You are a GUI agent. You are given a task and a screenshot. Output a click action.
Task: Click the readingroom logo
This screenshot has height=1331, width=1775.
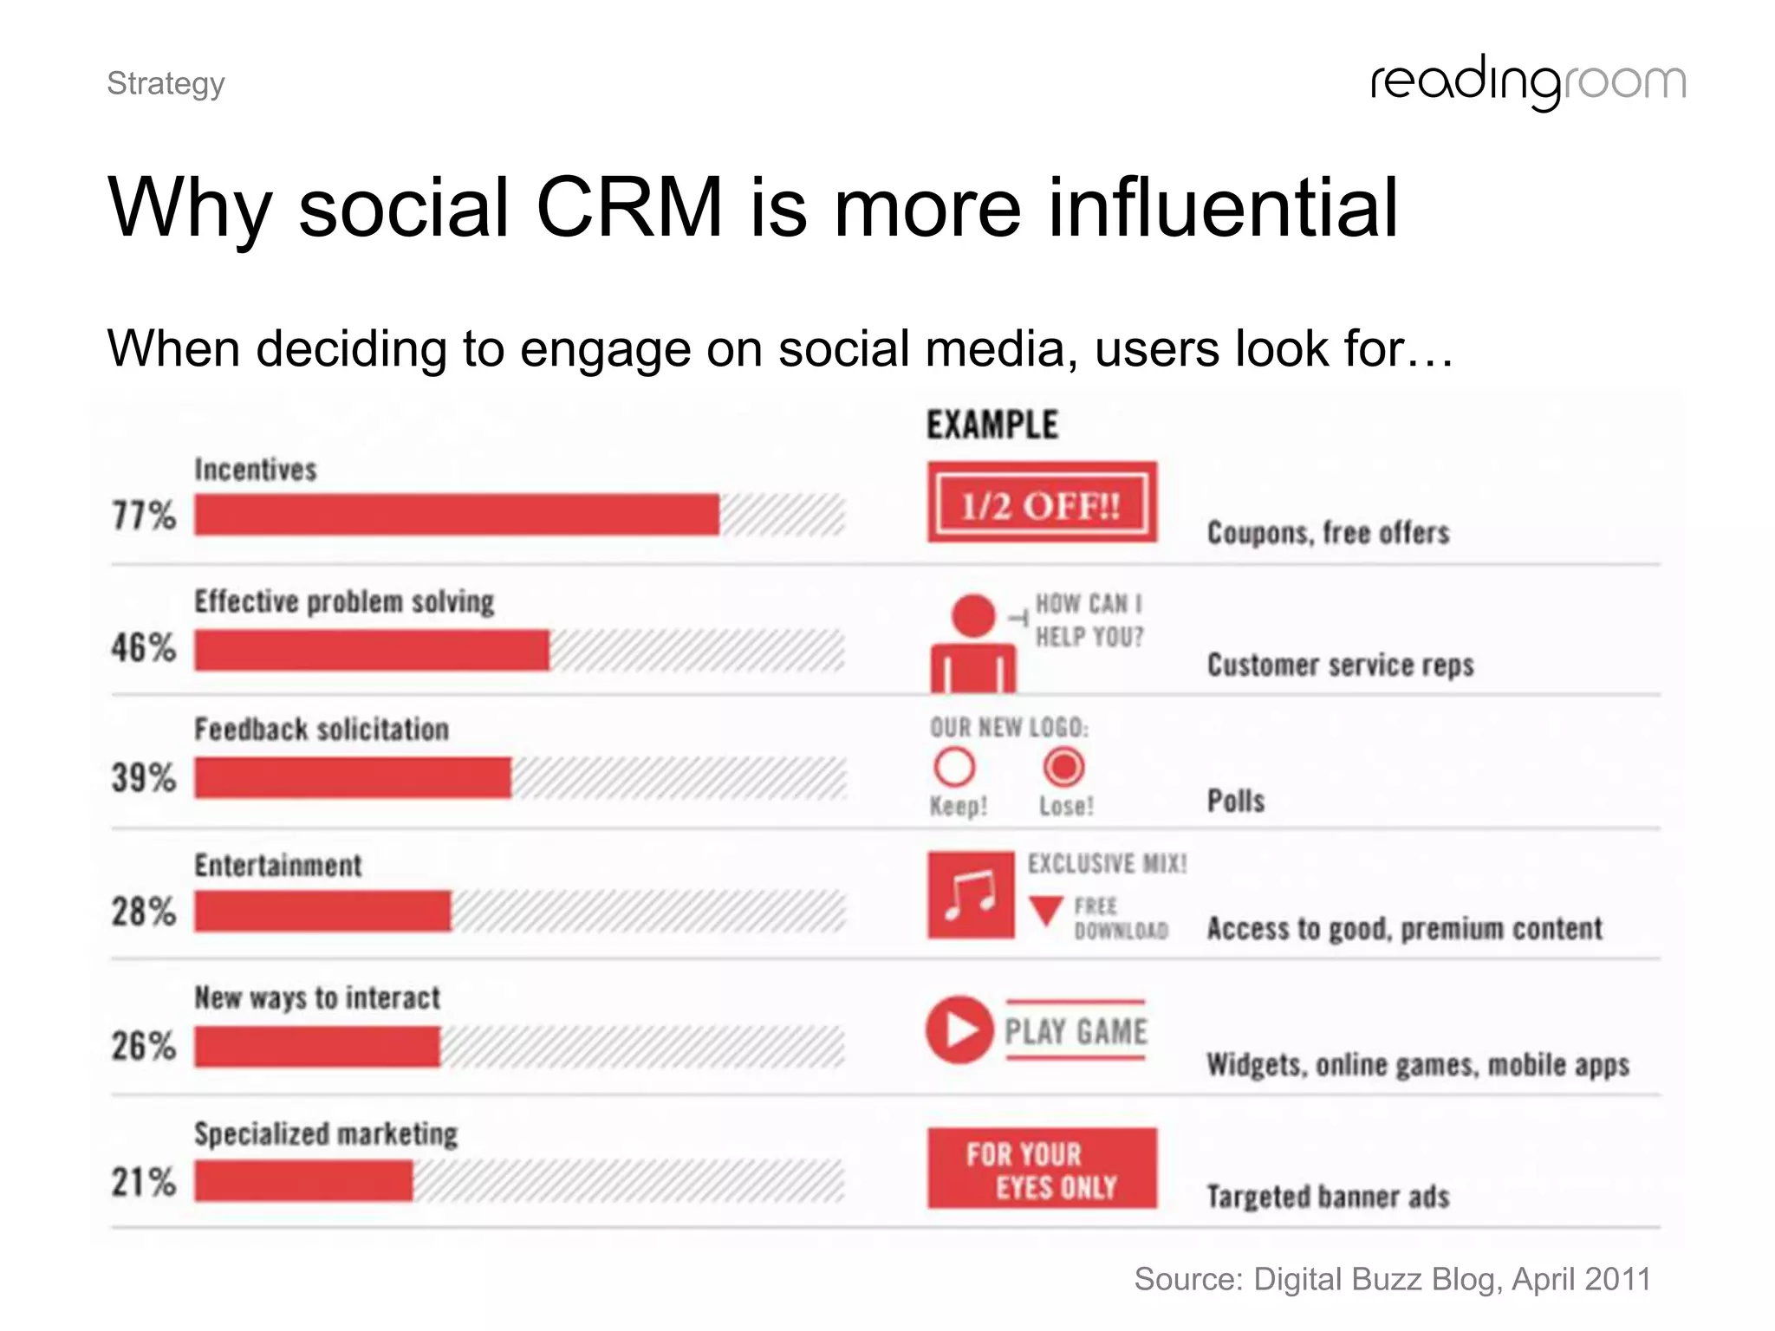(x=1528, y=82)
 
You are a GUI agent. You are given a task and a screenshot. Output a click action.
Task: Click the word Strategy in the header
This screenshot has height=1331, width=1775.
(x=166, y=84)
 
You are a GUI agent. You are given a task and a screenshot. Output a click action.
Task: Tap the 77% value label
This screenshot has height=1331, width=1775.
(x=144, y=516)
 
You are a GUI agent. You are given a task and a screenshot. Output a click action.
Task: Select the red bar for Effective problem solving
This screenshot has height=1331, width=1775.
(x=372, y=650)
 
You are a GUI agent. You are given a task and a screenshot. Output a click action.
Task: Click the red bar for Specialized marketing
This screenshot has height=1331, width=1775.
(x=303, y=1181)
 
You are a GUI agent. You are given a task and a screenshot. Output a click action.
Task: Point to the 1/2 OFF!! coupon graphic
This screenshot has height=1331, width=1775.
(x=1042, y=503)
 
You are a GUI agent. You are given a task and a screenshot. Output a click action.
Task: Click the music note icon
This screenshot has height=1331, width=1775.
(x=971, y=895)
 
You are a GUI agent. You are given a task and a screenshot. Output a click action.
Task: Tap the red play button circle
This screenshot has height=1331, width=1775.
(x=959, y=1029)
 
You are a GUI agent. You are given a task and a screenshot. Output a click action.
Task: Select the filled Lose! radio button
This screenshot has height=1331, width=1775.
(x=1063, y=767)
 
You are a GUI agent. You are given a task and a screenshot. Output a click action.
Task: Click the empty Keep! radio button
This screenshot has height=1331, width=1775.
(x=954, y=767)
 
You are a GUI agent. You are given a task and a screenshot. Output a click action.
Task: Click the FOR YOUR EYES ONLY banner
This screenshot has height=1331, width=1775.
(x=1042, y=1168)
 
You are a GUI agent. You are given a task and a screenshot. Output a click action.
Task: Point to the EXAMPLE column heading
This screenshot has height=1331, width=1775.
(x=992, y=425)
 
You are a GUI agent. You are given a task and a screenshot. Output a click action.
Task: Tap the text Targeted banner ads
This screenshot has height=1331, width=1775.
(x=1328, y=1197)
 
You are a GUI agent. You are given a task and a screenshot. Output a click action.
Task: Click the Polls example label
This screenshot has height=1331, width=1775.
(x=1236, y=801)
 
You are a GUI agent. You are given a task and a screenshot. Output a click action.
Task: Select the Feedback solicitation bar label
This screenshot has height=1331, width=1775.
(x=322, y=730)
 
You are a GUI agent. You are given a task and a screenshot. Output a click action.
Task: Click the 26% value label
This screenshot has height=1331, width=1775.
(x=144, y=1046)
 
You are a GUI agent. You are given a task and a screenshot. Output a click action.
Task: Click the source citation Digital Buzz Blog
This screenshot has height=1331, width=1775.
(x=1392, y=1279)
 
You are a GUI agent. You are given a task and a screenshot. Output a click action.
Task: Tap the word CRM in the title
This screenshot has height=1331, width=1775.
(x=629, y=208)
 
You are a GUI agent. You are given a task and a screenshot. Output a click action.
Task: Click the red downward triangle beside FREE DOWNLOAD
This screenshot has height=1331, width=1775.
(x=1046, y=910)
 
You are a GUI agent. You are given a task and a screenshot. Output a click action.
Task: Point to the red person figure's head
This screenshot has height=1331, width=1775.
(x=973, y=615)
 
